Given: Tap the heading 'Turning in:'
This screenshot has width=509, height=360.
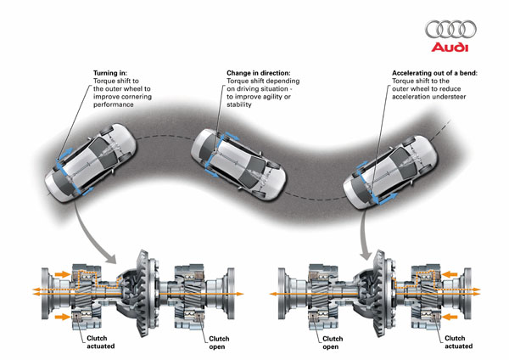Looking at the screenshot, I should (110, 74).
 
